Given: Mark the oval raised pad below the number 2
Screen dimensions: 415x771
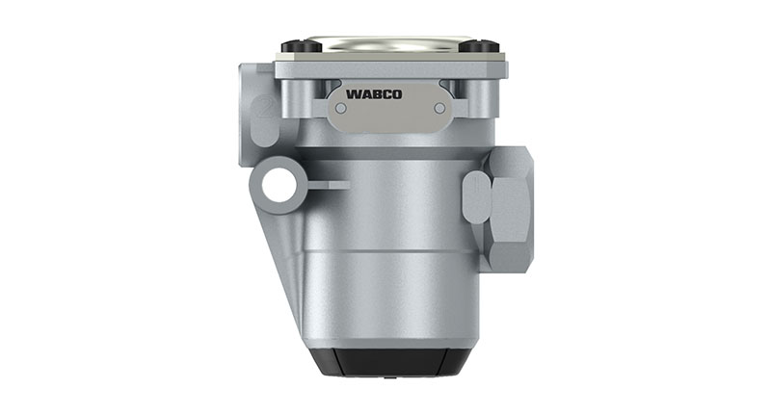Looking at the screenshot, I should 263,125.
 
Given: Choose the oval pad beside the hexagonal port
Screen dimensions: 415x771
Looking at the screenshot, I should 476,196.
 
